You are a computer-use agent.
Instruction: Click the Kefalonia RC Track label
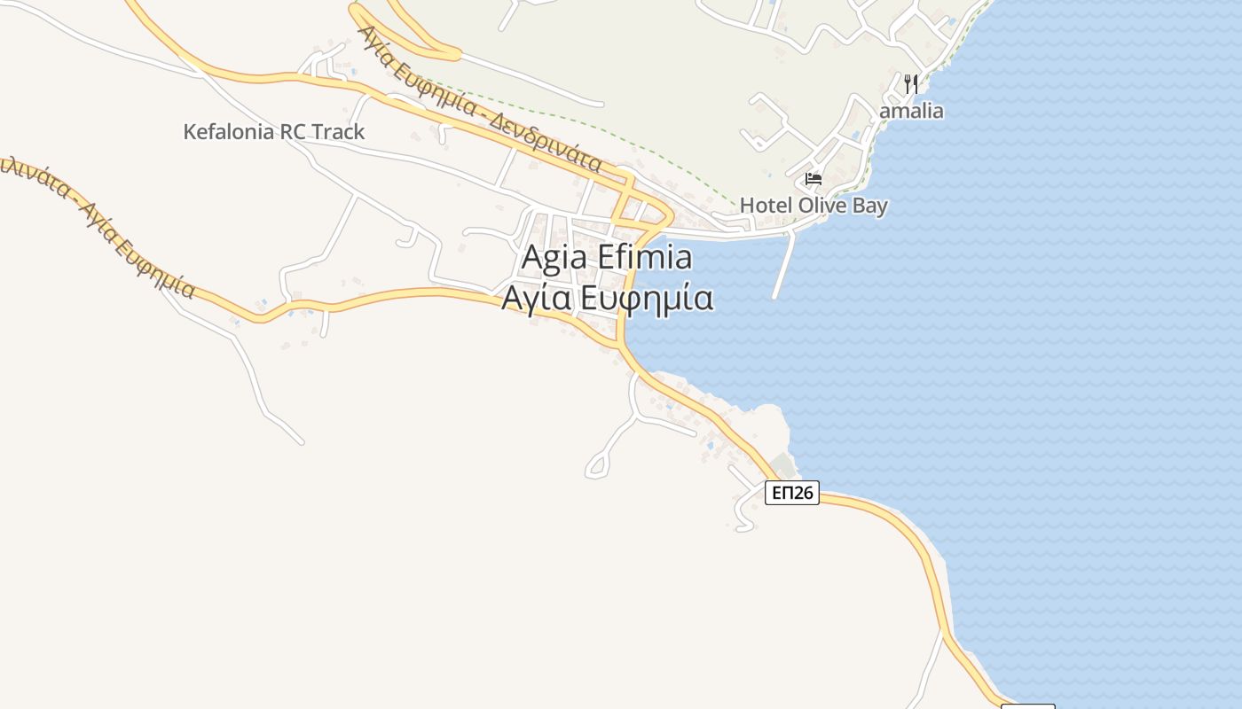[273, 132]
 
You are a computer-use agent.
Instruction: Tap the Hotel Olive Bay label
[814, 206]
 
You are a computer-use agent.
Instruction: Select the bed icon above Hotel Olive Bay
[814, 179]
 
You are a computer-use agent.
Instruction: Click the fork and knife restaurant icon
[911, 84]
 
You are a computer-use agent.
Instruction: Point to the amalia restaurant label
[911, 112]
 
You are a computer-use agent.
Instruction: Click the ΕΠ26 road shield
[791, 493]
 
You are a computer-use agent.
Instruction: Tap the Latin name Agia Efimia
[607, 258]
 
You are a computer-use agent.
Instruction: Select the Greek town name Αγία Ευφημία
[608, 299]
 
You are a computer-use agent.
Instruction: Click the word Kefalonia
[229, 132]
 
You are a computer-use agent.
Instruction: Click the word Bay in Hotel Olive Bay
[869, 206]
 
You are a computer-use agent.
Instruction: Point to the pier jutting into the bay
[782, 266]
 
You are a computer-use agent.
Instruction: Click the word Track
[338, 132]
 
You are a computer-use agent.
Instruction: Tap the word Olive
[821, 206]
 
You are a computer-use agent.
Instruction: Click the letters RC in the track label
[294, 132]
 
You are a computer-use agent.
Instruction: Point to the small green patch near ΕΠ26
[782, 464]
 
